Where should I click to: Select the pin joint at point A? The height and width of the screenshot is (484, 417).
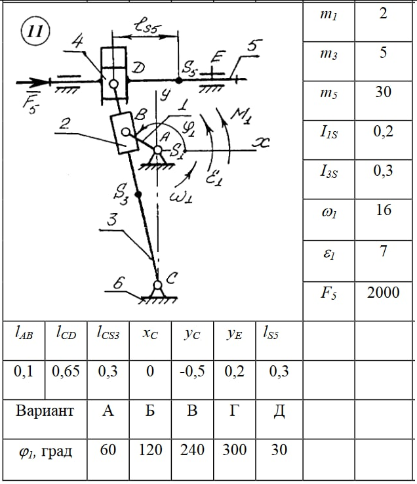pos(157,150)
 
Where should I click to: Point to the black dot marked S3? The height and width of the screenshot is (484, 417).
pos(138,195)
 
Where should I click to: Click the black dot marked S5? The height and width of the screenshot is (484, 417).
pos(179,80)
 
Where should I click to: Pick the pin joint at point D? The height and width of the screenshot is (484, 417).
pos(113,84)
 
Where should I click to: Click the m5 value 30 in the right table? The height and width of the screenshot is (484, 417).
pos(384,92)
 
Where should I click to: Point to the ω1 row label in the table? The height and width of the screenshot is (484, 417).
pos(328,211)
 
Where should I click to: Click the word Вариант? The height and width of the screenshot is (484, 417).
pos(45,412)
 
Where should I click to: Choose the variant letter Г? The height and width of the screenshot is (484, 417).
pos(233,412)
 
